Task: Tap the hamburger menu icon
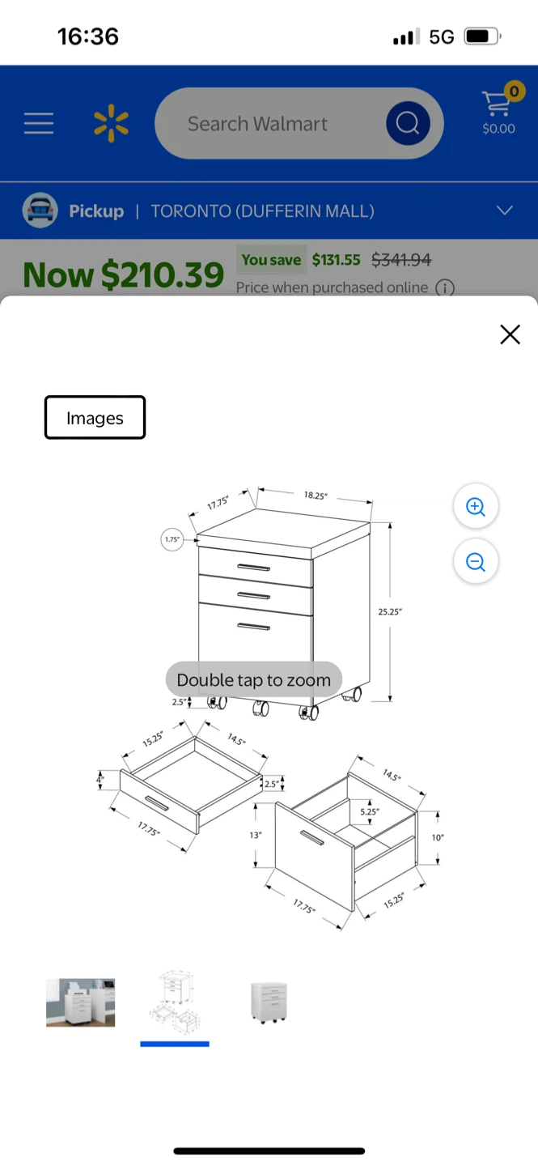click(x=39, y=123)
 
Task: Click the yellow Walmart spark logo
click(x=111, y=123)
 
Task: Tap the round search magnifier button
click(x=408, y=123)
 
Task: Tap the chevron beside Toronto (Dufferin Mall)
click(x=505, y=211)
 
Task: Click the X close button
click(x=510, y=334)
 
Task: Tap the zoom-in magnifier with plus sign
click(x=476, y=506)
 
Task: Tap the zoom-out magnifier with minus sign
click(x=476, y=561)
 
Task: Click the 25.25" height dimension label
click(x=390, y=611)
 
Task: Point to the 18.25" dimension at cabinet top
click(x=316, y=495)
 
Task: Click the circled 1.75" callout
click(x=172, y=539)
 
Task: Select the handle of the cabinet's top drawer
click(x=253, y=568)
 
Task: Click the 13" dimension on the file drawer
click(x=256, y=835)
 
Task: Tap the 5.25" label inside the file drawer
click(x=370, y=811)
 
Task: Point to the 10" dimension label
click(x=438, y=837)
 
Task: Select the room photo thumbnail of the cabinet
click(x=81, y=1002)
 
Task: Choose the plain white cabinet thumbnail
click(x=269, y=1002)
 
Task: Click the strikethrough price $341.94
click(x=401, y=259)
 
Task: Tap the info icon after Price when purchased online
click(x=445, y=287)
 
